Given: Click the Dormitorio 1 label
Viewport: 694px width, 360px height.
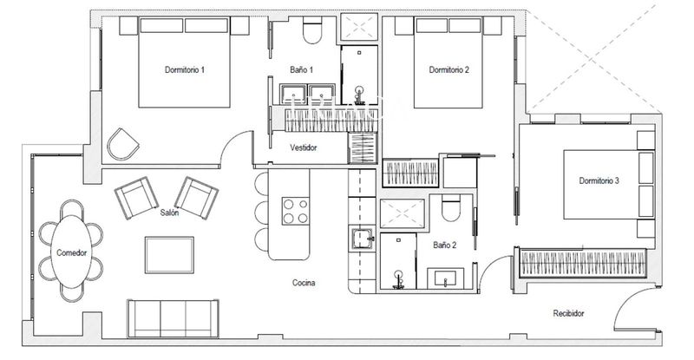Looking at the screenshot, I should [x=184, y=69].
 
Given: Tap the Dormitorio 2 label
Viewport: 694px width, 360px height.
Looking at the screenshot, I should [x=448, y=69].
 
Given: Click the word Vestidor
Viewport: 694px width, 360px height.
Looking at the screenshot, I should [x=303, y=147].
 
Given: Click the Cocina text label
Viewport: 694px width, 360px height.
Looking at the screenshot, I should [x=303, y=283].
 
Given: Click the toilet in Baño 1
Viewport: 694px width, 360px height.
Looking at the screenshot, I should [x=312, y=33].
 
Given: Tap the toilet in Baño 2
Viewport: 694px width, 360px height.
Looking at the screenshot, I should [x=449, y=211].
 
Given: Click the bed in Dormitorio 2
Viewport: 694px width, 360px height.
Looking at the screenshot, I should [x=448, y=61].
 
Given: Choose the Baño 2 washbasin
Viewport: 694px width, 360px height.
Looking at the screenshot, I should [x=448, y=278].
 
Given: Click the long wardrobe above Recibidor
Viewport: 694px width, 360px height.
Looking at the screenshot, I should [x=583, y=261].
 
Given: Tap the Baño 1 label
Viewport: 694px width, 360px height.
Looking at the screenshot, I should [x=302, y=69].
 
